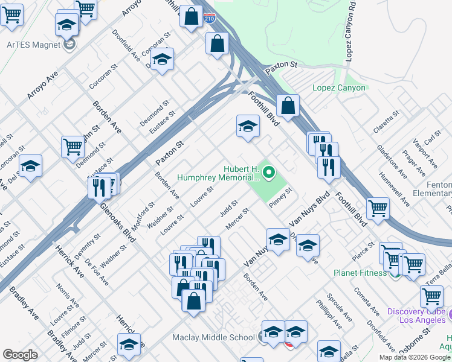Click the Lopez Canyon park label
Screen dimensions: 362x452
pyautogui.click(x=338, y=87)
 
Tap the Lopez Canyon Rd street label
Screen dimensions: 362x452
pyautogui.click(x=349, y=36)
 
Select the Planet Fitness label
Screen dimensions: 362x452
pyautogui.click(x=360, y=273)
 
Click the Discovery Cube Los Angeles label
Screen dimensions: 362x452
pyautogui.click(x=415, y=316)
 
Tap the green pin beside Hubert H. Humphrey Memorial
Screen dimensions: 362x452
pyautogui.click(x=268, y=174)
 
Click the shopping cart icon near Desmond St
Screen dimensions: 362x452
pyautogui.click(x=73, y=147)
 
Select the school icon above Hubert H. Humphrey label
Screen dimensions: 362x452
pyautogui.click(x=247, y=127)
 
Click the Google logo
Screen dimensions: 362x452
pyautogui.click(x=20, y=355)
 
